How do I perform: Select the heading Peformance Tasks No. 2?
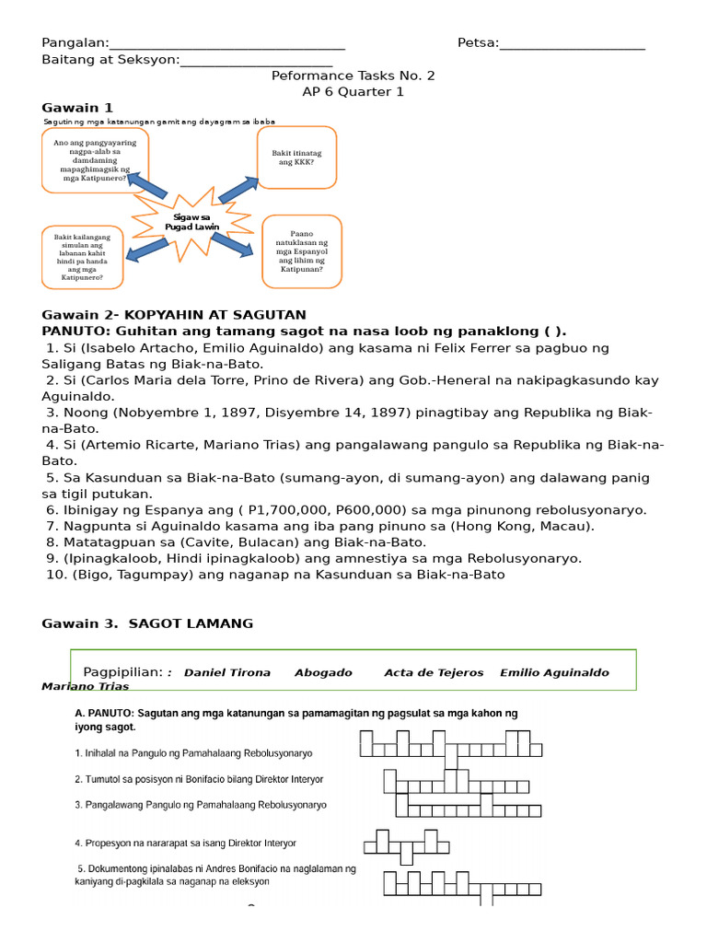coord(353,76)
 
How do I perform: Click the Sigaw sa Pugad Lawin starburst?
coord(188,222)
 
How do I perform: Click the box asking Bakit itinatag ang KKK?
coord(296,157)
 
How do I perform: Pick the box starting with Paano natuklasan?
coord(302,251)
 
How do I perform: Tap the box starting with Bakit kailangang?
coord(82,257)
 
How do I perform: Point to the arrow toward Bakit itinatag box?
coord(238,189)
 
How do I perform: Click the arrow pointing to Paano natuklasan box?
coord(233,244)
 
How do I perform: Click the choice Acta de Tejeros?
coord(434,672)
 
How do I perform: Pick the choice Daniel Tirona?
coord(227,672)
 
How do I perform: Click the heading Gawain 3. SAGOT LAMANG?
coord(147,623)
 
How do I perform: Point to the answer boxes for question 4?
coord(406,844)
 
